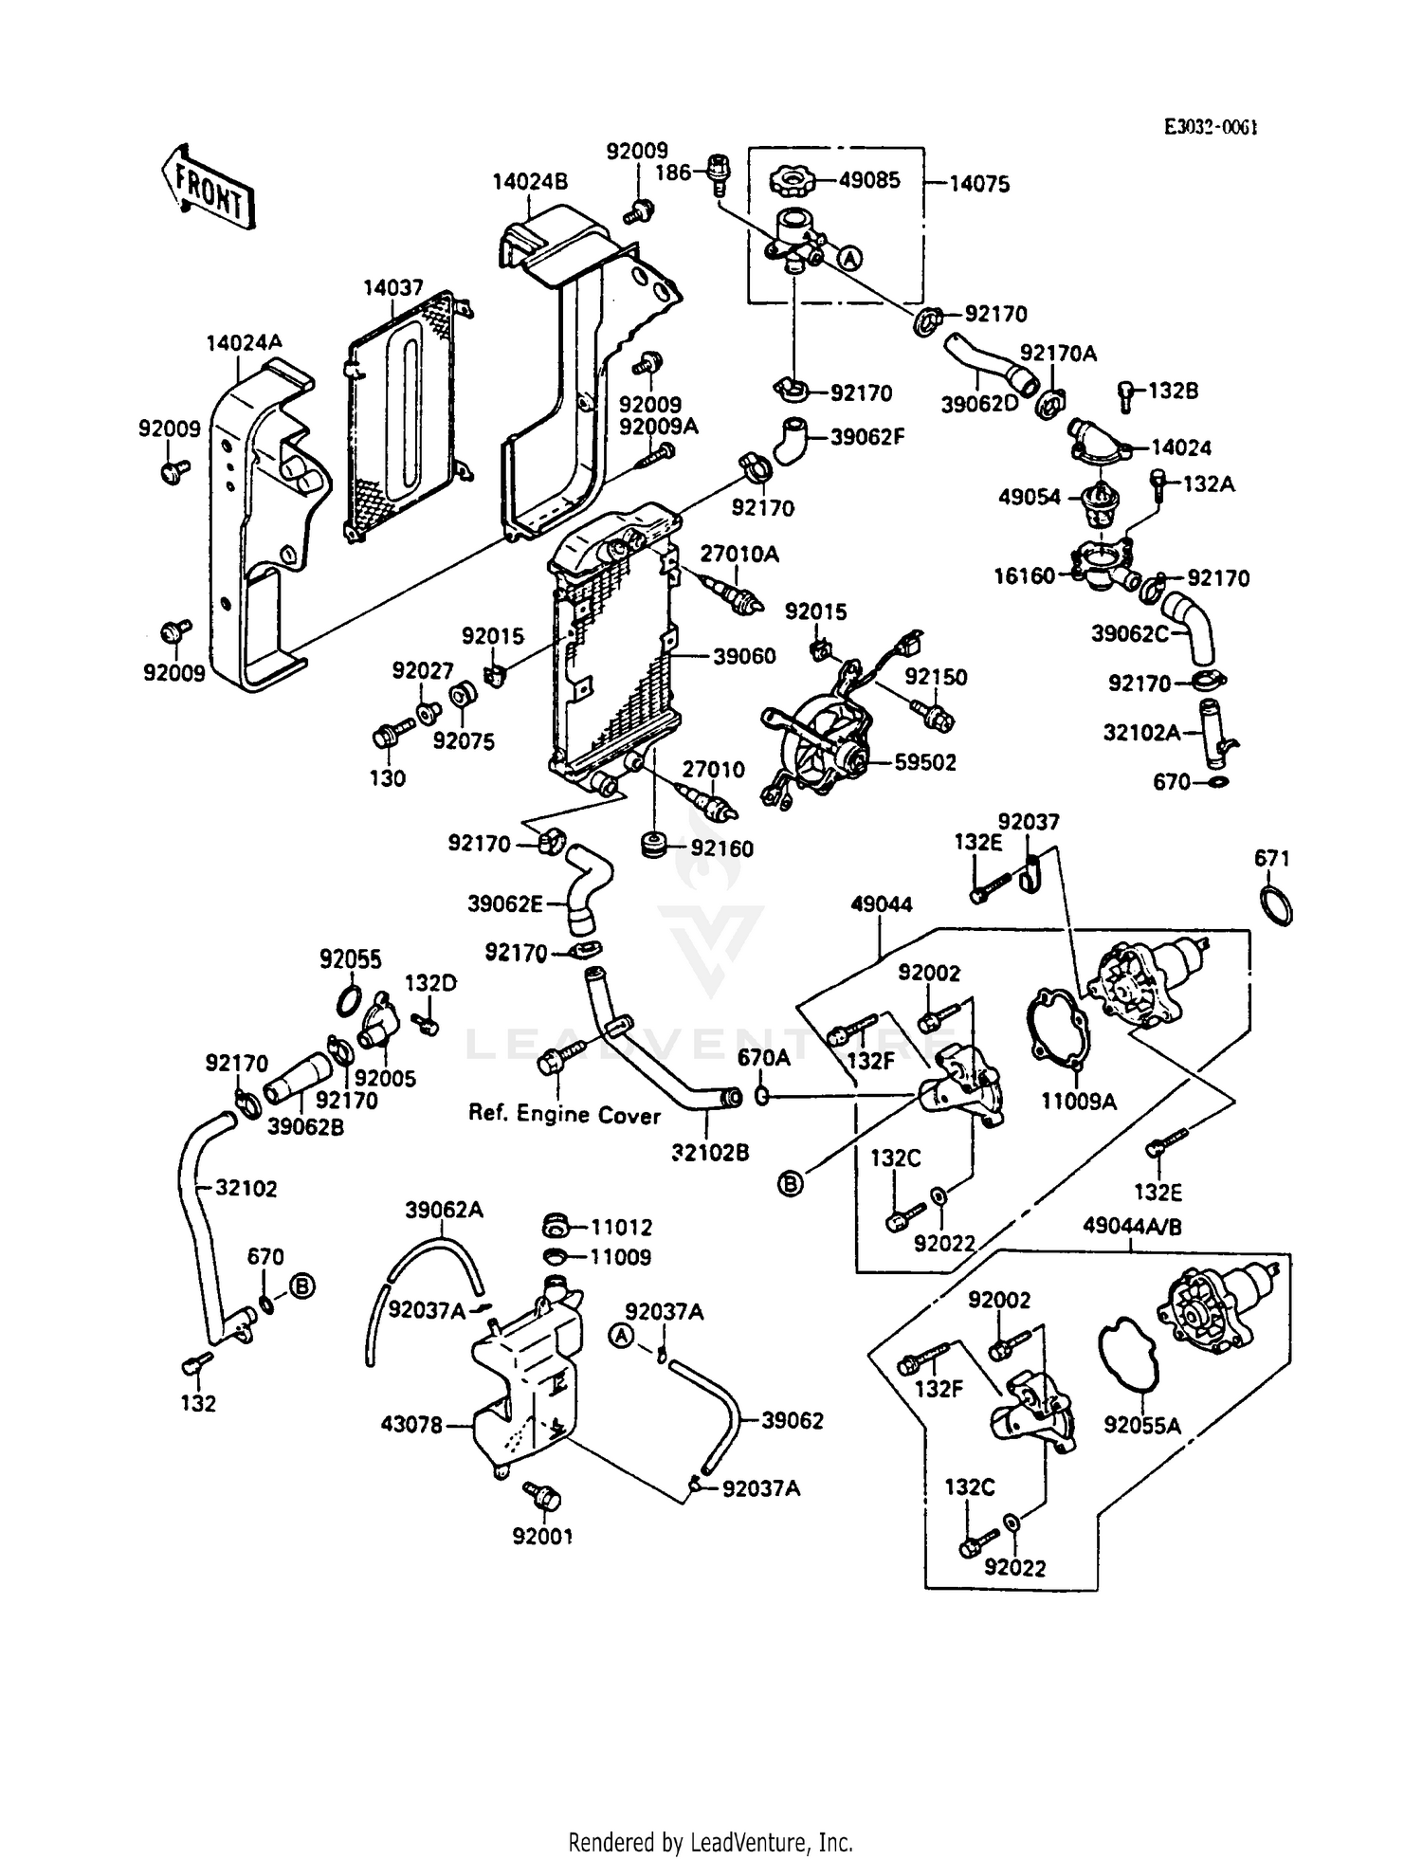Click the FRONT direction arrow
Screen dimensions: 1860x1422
[x=206, y=189]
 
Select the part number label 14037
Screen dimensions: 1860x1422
[x=393, y=288]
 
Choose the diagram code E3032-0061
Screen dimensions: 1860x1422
[x=1211, y=127]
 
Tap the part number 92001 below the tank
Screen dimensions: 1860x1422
[x=542, y=1537]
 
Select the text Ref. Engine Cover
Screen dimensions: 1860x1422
[x=564, y=1115]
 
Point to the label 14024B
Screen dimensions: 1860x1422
[x=530, y=181]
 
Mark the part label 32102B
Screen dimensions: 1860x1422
[x=710, y=1152]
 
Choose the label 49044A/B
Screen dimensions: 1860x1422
[x=1132, y=1227]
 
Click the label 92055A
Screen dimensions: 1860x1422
[x=1141, y=1425]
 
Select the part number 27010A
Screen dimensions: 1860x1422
[x=739, y=554]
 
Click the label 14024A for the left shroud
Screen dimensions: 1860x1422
[x=244, y=343]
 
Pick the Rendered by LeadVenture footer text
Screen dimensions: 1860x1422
[x=710, y=1842]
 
